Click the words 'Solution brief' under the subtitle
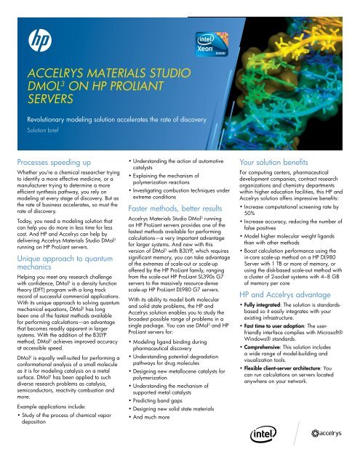pos(41,133)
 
